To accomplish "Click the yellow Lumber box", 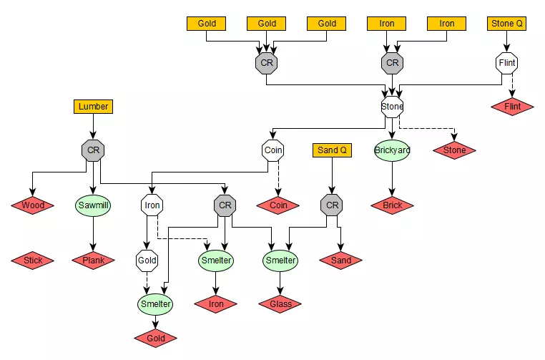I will [x=93, y=107].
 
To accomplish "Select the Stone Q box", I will [x=507, y=24].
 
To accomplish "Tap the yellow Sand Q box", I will [x=332, y=150].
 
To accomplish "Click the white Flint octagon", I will [x=507, y=63].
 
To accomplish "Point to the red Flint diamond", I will [x=513, y=107].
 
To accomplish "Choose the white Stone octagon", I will [x=392, y=107].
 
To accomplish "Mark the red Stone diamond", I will [x=454, y=150].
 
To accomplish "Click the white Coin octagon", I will [x=272, y=150].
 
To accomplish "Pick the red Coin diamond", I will [x=278, y=205].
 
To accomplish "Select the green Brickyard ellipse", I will [x=392, y=150].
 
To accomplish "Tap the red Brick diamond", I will [x=392, y=205].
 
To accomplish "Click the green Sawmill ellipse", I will [x=93, y=205].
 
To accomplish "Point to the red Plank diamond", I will [x=93, y=261].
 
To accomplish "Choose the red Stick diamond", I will [x=33, y=261].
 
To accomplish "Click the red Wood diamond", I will [x=33, y=205].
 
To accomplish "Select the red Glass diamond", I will [x=280, y=304].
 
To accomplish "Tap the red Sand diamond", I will [x=341, y=261].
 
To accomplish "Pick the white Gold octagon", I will [x=147, y=261].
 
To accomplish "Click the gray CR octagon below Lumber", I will [x=93, y=150].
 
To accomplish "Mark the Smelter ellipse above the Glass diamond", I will [x=280, y=261].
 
